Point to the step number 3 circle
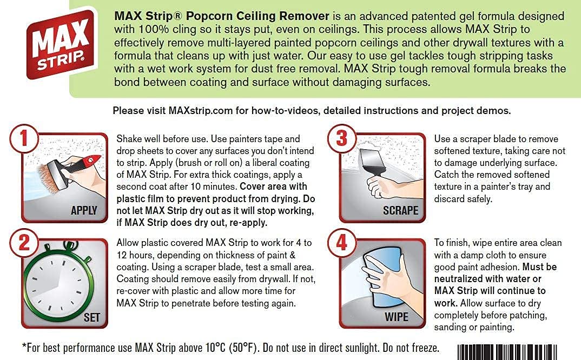(x=341, y=138)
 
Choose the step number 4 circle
(x=341, y=243)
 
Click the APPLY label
(x=84, y=211)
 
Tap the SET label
(x=91, y=317)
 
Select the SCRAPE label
(x=400, y=210)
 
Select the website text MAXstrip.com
(x=202, y=111)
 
